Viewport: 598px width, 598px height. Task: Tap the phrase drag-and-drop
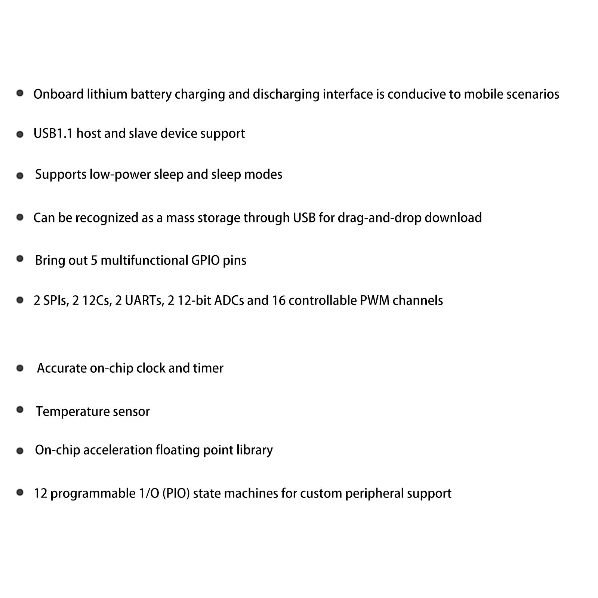(x=379, y=218)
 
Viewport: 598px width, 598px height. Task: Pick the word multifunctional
(x=144, y=260)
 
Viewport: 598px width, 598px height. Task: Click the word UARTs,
(x=139, y=300)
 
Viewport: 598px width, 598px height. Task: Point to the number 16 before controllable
(x=278, y=300)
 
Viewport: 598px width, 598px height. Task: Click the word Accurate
(x=62, y=368)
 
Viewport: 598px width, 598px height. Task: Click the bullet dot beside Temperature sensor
(x=20, y=410)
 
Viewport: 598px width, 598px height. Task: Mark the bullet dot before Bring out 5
(x=20, y=259)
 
